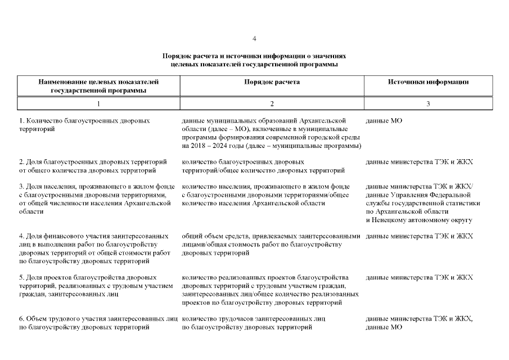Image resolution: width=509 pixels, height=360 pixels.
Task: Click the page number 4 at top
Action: tap(254, 38)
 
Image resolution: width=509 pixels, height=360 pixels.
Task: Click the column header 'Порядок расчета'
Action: tap(272, 82)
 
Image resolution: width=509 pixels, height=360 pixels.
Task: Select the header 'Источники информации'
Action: tap(428, 82)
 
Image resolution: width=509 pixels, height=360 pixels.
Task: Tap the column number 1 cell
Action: tap(98, 103)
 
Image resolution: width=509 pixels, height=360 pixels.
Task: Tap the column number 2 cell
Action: tap(272, 103)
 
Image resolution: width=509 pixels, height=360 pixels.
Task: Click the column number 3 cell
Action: tap(428, 103)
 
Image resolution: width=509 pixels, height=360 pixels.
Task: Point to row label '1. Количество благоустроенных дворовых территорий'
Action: tap(84, 125)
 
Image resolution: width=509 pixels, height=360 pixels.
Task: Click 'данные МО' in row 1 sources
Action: tap(384, 121)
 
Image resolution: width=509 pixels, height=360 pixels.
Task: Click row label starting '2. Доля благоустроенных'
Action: tap(90, 166)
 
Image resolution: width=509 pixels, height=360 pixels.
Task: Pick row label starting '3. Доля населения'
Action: tap(96, 199)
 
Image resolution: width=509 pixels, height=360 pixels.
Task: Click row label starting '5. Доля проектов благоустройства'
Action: tap(93, 286)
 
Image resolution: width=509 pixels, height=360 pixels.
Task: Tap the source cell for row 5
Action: tap(419, 278)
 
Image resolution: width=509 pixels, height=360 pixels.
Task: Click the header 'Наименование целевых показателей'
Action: tap(98, 82)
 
